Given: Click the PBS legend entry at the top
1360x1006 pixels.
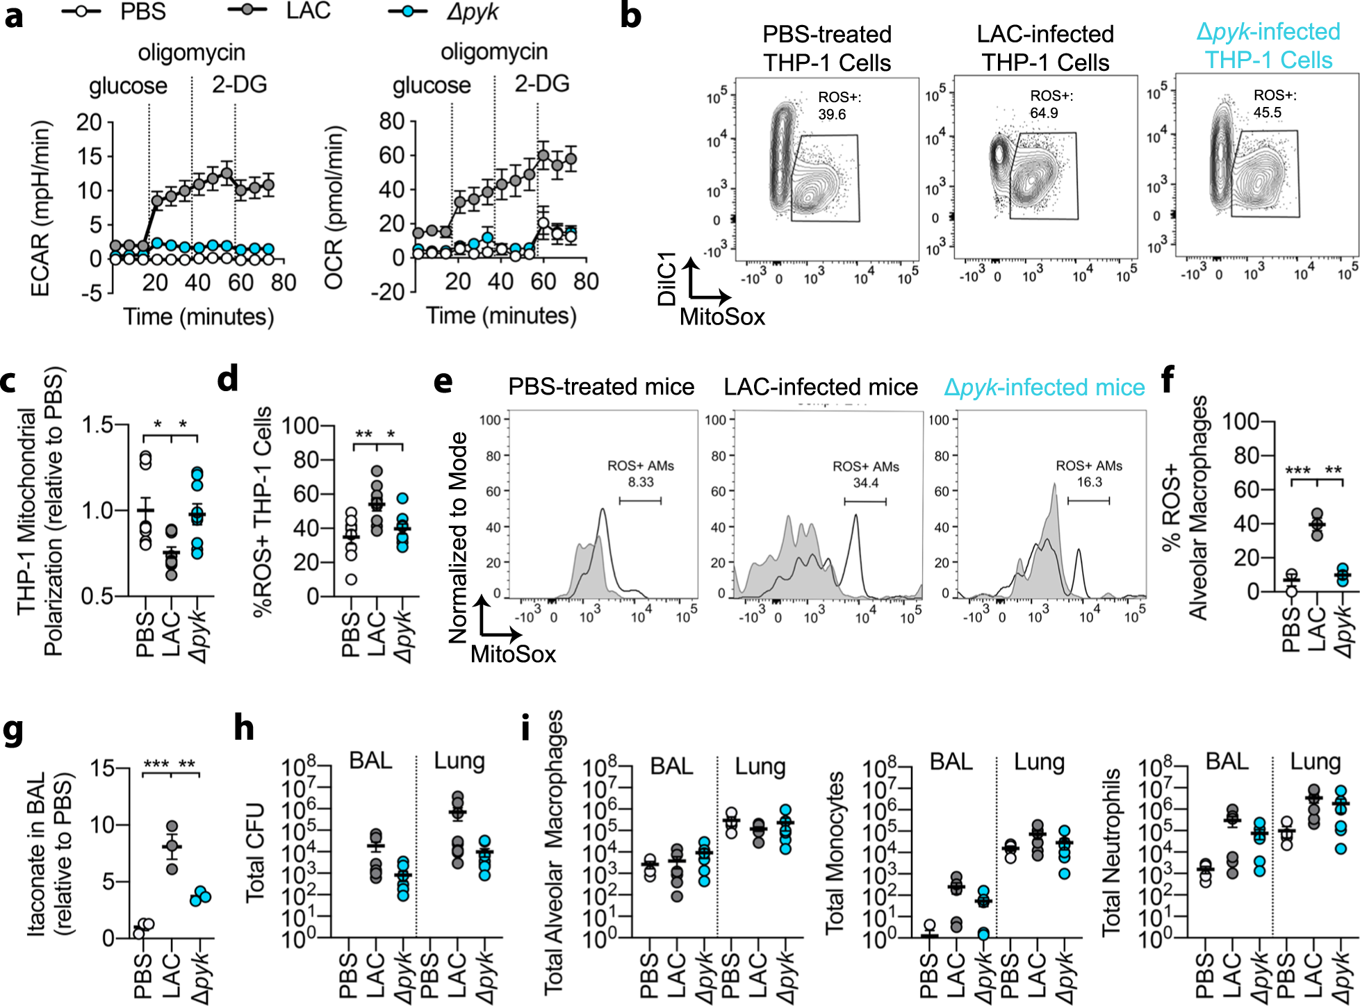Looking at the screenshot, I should (142, 12).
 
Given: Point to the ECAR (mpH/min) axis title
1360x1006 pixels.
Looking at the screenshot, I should (40, 208).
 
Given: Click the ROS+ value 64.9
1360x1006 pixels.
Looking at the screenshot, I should (1044, 113).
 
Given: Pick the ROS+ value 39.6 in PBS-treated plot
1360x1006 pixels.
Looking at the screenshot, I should (832, 114).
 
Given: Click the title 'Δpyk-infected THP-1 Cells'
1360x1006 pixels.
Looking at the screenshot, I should (1268, 46).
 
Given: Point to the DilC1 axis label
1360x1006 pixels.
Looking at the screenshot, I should (666, 279).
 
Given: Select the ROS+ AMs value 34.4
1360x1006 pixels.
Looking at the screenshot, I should (866, 482).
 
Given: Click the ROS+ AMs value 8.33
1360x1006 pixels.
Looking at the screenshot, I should (641, 482).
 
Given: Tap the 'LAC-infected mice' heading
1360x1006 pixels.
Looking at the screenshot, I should (821, 387).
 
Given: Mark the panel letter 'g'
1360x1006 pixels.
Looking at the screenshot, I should (13, 731).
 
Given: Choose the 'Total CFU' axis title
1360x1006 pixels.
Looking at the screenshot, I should (256, 853).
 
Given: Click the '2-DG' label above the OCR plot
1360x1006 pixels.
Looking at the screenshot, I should (542, 84).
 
